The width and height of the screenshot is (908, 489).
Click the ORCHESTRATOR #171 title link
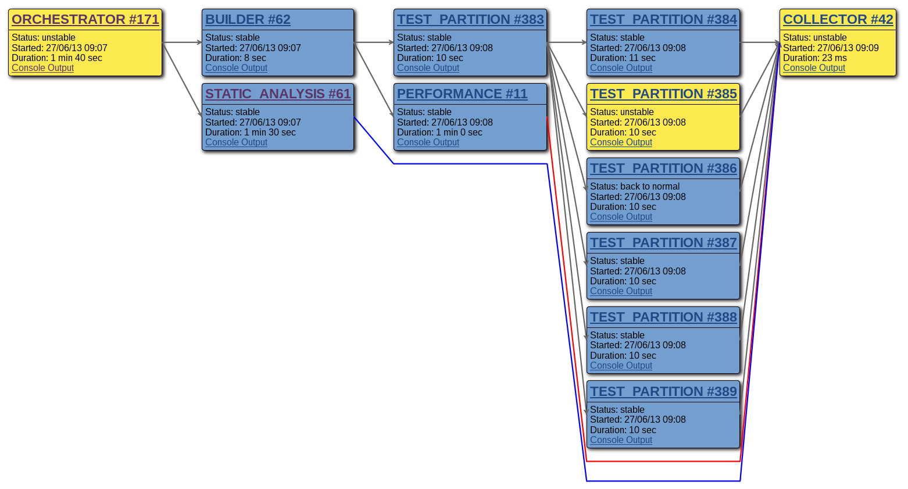85,20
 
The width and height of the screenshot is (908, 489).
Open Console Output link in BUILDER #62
236,68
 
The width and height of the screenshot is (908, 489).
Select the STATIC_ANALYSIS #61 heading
278,94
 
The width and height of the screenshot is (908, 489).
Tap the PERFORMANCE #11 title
462,94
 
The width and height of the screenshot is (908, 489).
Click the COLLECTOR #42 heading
838,20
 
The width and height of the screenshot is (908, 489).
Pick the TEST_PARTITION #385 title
663,94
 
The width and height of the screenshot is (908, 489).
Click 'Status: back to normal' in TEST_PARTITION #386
634,187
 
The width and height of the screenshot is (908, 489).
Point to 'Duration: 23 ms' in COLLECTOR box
814,58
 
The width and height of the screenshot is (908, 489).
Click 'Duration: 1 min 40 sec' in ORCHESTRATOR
56,58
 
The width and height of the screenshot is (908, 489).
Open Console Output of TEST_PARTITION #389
621,440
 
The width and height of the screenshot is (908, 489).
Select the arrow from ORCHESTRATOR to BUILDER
182,42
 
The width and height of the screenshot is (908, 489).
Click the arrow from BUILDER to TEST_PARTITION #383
374,42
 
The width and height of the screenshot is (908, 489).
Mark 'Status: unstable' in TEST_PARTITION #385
621,112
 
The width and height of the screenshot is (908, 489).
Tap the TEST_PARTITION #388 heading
663,317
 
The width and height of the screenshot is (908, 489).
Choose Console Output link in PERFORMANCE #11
428,142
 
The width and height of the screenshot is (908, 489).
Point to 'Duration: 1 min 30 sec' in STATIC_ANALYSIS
250,133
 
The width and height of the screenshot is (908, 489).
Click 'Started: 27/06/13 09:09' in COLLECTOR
830,48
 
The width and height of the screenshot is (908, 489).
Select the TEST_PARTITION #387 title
663,243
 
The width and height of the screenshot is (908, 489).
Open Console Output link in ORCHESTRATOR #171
42,68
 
